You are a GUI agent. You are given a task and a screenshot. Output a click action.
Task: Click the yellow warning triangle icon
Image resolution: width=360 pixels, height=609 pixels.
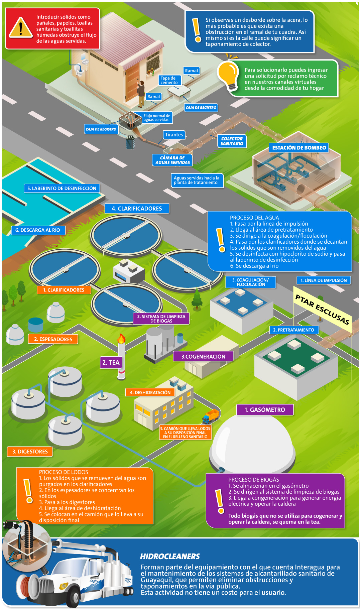click(x=21, y=27)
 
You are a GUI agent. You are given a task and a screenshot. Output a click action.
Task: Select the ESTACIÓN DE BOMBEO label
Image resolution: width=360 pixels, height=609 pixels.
click(x=299, y=148)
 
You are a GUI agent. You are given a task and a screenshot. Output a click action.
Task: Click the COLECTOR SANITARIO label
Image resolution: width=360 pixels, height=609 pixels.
click(x=232, y=141)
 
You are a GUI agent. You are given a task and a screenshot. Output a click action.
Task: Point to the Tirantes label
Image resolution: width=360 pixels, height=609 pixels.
click(x=174, y=135)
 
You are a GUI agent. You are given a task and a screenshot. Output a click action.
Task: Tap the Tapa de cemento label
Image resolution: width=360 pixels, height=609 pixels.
click(x=169, y=80)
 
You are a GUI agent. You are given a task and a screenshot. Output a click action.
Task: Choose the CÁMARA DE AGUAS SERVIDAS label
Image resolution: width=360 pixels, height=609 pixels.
click(x=172, y=160)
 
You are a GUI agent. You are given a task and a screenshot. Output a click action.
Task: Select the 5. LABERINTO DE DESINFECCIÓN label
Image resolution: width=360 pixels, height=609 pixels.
click(x=62, y=188)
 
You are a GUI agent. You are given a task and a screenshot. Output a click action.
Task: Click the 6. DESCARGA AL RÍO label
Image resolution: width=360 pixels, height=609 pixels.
click(x=38, y=230)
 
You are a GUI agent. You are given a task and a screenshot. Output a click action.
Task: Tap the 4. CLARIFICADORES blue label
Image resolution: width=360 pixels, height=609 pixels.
click(x=137, y=208)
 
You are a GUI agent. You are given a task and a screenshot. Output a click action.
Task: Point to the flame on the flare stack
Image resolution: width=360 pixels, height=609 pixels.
click(x=121, y=338)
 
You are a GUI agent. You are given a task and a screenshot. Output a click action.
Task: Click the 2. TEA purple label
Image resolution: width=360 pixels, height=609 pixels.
click(x=111, y=362)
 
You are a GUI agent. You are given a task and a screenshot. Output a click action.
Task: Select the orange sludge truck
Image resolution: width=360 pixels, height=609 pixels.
click(x=211, y=416)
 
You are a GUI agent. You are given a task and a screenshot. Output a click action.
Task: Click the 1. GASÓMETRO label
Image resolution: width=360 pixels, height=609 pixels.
click(x=265, y=409)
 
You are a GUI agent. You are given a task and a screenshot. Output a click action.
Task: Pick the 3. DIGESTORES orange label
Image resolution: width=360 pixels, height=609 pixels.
click(x=30, y=452)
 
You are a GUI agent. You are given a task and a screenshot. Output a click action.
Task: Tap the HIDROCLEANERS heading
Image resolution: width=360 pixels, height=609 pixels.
click(x=170, y=556)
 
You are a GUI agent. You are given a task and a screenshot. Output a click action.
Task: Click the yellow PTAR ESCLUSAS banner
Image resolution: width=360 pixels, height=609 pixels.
click(x=322, y=309)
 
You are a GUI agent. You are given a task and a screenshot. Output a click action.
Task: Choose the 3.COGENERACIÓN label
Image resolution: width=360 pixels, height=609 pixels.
click(x=203, y=356)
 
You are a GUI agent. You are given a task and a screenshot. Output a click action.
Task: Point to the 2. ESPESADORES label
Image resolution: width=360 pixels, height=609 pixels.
click(x=53, y=339)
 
